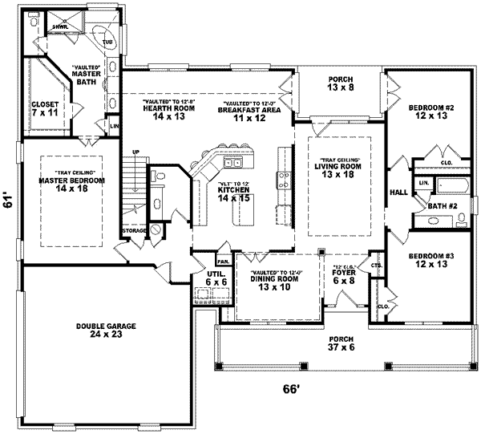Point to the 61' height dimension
(7, 203)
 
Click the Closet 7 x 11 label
(43, 110)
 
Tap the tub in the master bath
(104, 37)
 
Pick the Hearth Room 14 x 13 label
(163, 112)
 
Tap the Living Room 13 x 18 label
(337, 169)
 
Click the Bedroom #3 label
(430, 260)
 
